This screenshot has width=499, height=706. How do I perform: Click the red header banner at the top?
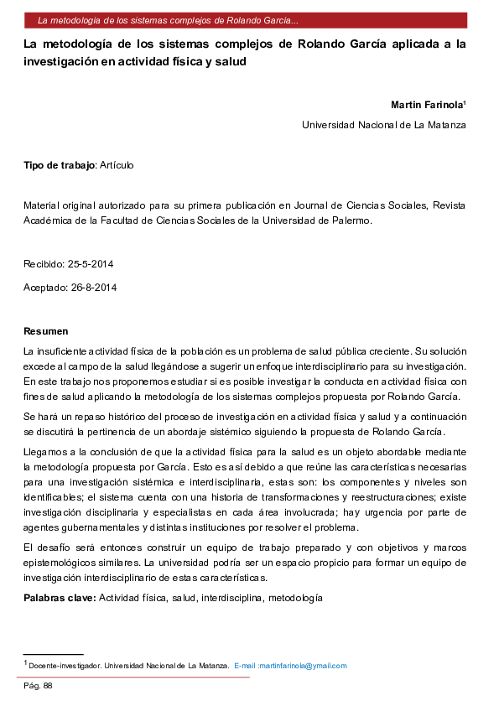click(249, 19)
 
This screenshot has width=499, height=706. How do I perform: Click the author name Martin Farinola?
click(427, 105)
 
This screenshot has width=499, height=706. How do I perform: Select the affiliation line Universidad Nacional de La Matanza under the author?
click(383, 125)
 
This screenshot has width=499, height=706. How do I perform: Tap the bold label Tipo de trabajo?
click(60, 165)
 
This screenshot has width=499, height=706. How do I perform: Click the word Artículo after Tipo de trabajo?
click(117, 165)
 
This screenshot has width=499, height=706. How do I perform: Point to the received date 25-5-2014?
click(91, 264)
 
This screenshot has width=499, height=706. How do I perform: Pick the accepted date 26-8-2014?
click(93, 288)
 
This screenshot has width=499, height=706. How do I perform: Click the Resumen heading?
click(46, 331)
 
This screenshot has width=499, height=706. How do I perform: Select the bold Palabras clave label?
click(60, 598)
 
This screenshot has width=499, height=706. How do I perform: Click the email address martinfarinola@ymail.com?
click(303, 666)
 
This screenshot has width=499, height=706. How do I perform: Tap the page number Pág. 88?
click(38, 686)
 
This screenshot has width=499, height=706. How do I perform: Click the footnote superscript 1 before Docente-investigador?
click(26, 663)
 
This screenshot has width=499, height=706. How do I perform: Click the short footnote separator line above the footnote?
click(53, 653)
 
